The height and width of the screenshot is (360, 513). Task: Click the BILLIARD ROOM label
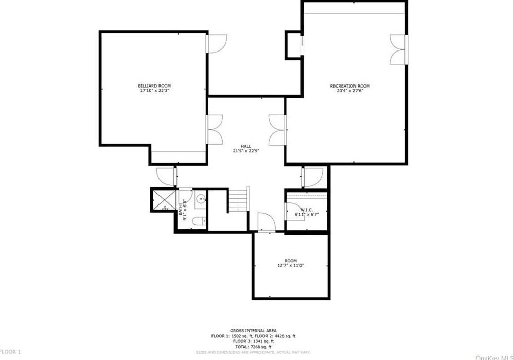[154, 85]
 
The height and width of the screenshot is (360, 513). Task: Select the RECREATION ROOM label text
[349, 86]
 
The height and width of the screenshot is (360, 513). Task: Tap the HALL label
[245, 146]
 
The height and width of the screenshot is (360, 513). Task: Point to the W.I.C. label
[307, 210]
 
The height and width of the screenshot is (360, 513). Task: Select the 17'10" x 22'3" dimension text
[154, 91]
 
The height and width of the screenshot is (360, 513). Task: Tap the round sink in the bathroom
[200, 198]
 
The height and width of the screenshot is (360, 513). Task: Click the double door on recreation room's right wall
[398, 50]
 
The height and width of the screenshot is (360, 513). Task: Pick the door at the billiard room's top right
[217, 43]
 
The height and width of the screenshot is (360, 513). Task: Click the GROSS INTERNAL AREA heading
[253, 330]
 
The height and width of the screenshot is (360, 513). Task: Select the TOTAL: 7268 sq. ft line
[253, 346]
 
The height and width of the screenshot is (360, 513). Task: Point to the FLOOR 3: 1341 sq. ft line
[253, 341]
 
